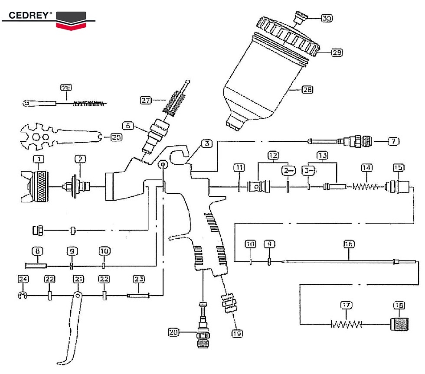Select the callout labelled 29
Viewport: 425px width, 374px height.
coord(337,52)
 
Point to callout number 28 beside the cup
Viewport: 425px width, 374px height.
coord(307,90)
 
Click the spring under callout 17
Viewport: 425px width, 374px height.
coord(346,324)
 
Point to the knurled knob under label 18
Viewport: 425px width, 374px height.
coord(398,324)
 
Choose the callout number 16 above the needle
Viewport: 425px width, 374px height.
coord(349,244)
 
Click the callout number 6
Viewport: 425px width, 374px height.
coord(127,126)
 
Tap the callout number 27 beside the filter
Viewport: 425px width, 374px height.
coord(146,100)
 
